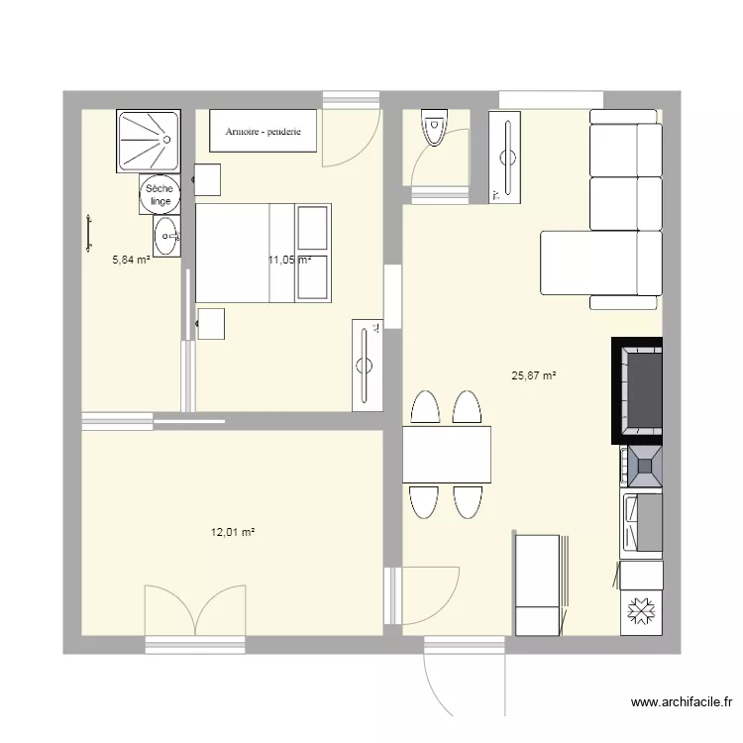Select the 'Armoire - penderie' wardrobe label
263,131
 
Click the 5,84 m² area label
131,261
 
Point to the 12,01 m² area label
233,532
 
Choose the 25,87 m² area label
533,375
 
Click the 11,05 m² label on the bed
289,261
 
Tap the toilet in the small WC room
434,130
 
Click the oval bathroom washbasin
166,236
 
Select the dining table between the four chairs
446,454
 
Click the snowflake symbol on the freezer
641,614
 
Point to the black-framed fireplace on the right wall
636,389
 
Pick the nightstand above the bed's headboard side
207,180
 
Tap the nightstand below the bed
211,324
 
